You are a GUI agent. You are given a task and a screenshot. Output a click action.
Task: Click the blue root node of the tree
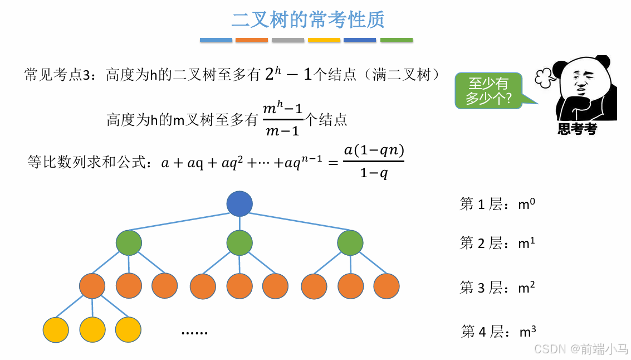coord(239,203)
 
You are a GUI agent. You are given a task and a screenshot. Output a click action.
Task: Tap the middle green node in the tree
coord(239,243)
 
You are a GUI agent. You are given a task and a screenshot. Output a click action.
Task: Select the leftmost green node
coord(129,243)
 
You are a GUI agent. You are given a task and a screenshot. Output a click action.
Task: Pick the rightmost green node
coord(350,243)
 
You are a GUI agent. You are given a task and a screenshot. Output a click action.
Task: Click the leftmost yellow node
coord(56,329)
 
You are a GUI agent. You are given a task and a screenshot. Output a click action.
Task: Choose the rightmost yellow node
coord(128,329)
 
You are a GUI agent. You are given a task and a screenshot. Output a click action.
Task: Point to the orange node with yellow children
coord(92,286)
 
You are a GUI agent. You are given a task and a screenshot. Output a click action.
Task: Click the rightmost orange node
coord(387,286)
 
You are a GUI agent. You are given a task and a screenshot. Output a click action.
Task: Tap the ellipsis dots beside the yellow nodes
coord(194,332)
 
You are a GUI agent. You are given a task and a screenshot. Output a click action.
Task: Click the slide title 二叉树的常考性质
coord(308,20)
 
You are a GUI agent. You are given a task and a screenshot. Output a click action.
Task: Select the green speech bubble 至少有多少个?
coord(489,91)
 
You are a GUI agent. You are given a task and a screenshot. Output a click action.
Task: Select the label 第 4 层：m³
coord(498,332)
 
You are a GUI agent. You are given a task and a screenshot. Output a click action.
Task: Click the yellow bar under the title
coord(324,40)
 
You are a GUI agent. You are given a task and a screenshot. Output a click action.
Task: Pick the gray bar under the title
coord(288,40)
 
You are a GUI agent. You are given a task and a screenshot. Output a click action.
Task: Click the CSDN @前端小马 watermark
coord(581,349)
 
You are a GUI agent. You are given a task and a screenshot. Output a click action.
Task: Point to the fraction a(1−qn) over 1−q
coord(374,161)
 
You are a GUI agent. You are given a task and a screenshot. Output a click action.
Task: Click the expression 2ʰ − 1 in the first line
coord(288,74)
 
